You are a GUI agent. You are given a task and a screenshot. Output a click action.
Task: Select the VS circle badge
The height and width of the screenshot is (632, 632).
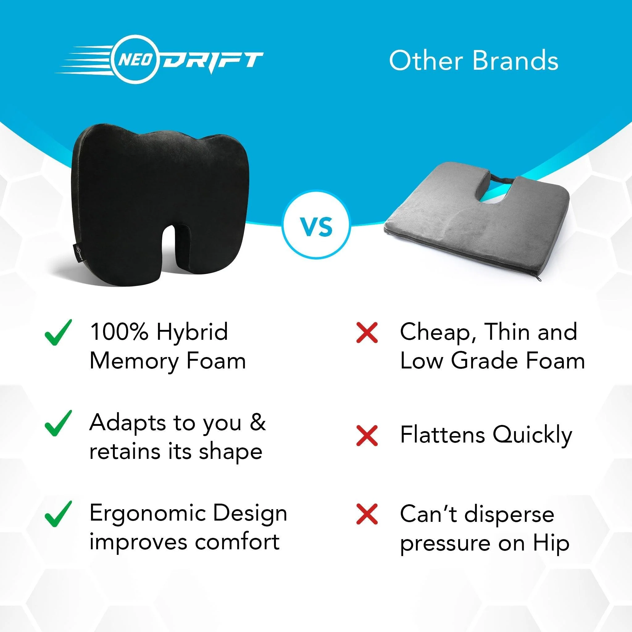tap(316, 227)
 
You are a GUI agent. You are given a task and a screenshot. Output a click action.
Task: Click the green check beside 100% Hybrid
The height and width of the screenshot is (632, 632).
tap(58, 333)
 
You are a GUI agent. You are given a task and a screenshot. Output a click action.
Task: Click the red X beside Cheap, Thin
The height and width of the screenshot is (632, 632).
tap(367, 332)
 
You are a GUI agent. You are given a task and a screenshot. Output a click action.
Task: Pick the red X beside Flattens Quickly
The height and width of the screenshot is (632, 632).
tap(367, 435)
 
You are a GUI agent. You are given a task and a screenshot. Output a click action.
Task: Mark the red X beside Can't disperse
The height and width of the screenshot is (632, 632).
tap(367, 514)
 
